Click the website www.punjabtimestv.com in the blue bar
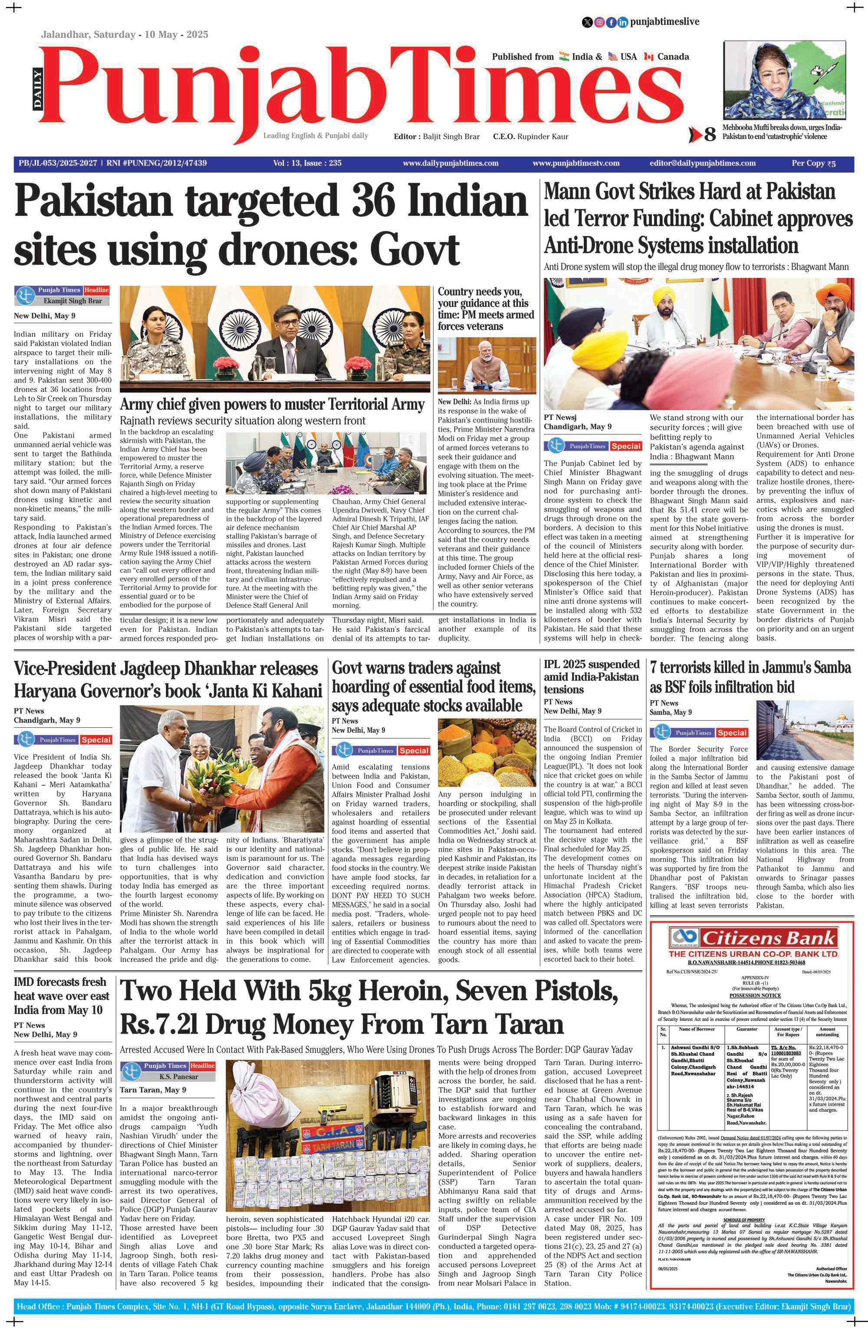[575, 164]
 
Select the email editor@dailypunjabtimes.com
[702, 164]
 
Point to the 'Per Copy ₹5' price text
[813, 164]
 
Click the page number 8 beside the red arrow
[709, 135]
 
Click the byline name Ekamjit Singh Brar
[72, 301]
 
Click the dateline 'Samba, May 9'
[671, 712]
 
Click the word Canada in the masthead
[673, 56]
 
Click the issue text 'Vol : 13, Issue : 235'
[307, 164]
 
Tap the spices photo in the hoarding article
[487, 752]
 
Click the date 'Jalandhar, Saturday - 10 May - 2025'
[125, 35]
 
